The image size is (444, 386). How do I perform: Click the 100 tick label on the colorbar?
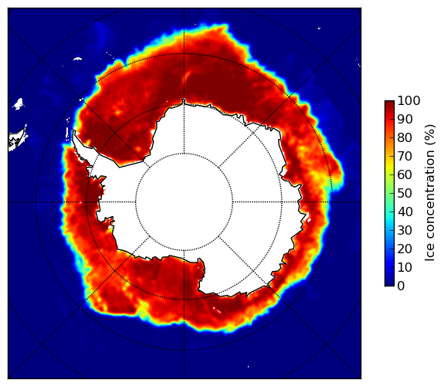(x=408, y=100)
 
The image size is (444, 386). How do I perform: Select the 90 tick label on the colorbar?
(x=405, y=119)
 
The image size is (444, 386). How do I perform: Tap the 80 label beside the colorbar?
(x=405, y=138)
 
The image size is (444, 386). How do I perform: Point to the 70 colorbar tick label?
(x=405, y=156)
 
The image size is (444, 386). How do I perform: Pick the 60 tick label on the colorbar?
(x=405, y=174)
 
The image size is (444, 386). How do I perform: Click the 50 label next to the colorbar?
(x=405, y=194)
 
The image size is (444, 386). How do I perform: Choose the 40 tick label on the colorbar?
(x=405, y=212)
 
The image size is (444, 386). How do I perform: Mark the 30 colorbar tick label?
(x=405, y=230)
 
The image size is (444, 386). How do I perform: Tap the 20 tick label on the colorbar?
(x=405, y=249)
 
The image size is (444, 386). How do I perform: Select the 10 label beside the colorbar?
(x=405, y=267)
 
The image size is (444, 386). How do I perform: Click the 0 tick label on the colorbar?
(x=401, y=286)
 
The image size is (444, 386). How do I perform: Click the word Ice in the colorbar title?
(x=429, y=253)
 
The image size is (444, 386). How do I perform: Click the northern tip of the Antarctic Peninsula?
(x=74, y=131)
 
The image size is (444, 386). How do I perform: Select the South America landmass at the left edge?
(x=16, y=139)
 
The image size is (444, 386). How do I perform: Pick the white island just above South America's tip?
(x=19, y=103)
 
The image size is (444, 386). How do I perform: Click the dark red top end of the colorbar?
(x=389, y=103)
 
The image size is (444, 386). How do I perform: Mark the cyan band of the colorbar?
(x=389, y=216)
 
